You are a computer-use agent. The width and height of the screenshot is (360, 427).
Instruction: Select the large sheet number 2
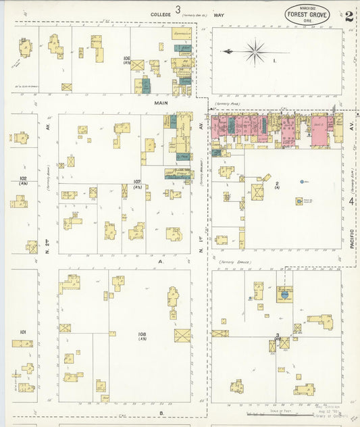pos(349,17)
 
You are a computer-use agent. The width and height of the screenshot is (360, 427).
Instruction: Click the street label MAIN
pos(160,103)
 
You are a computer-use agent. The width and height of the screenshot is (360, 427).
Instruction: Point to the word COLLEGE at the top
pos(161,13)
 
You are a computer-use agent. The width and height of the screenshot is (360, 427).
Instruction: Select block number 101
pos(22,332)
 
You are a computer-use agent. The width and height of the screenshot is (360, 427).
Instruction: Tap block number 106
pos(126,59)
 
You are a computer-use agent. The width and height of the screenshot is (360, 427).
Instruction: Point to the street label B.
pos(161,411)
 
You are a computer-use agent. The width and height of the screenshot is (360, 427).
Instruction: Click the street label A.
pos(161,261)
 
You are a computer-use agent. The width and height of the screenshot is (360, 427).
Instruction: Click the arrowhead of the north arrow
pos(225,51)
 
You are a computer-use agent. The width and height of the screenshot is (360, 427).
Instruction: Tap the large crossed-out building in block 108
pos(182,335)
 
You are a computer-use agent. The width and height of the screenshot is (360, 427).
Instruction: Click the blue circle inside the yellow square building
pos(284,294)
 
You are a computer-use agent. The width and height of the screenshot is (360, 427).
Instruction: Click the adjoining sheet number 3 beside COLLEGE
pos(178,9)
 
